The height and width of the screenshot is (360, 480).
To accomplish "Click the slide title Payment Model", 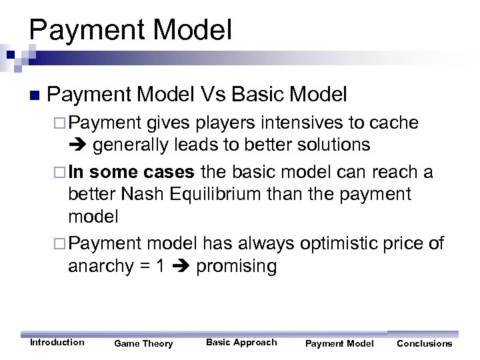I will point(131,31).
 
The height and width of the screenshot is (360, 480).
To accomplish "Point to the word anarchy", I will point(99,267).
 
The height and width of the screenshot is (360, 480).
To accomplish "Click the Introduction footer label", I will point(57,342).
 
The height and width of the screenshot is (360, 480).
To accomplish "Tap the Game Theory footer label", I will point(143,343).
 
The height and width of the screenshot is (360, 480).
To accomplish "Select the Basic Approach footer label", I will point(241,342).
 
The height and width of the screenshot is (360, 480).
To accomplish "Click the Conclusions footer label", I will point(424,343).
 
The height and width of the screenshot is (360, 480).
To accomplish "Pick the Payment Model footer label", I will point(339,343).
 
